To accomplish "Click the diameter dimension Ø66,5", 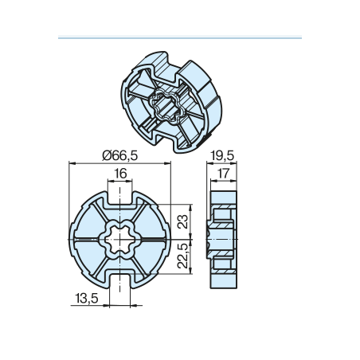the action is coord(120,155).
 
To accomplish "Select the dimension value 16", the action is coord(120,174).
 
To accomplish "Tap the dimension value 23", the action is coord(183,221).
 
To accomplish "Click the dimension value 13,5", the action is coord(87,298).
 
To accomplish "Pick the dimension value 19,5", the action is coord(222,155).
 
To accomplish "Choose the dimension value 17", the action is coord(223,174).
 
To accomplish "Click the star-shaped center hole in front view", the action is coord(119,240).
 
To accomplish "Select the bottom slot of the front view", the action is coord(119,281).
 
